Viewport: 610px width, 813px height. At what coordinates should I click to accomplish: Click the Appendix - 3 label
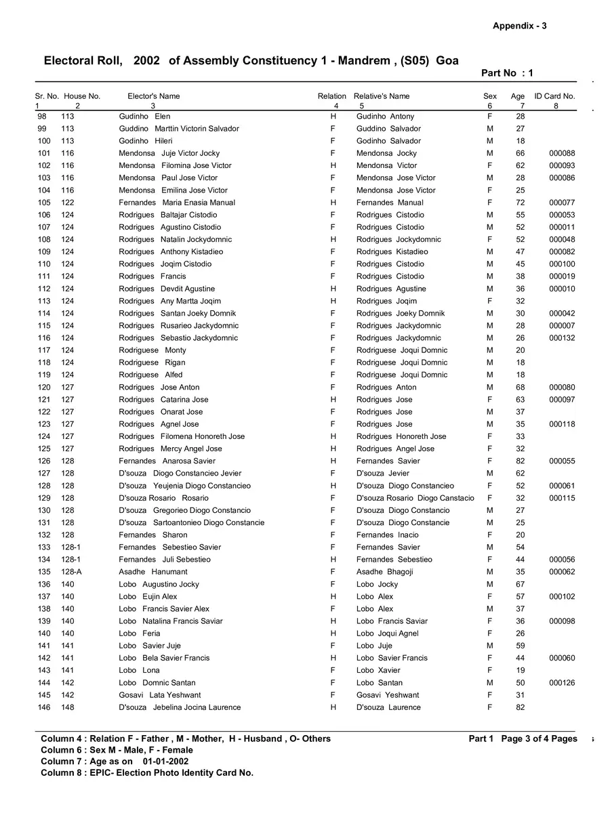(x=519, y=26)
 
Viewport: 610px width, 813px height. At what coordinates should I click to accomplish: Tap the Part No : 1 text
(x=507, y=73)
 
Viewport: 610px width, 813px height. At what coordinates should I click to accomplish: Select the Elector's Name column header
(x=154, y=96)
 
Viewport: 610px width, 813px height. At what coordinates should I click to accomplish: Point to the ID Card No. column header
(x=554, y=96)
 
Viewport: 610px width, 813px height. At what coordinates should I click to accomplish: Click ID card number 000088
(x=562, y=153)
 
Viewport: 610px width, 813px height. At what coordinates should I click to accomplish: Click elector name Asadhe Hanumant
(x=153, y=572)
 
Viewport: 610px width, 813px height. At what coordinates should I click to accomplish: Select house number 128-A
(x=71, y=572)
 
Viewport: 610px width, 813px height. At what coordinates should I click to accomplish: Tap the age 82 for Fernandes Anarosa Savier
(x=520, y=461)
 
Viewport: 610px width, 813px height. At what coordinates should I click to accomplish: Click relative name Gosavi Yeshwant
(x=388, y=695)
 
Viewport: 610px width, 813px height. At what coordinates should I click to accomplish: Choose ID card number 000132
(x=562, y=338)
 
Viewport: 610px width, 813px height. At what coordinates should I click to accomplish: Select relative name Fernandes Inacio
(x=388, y=535)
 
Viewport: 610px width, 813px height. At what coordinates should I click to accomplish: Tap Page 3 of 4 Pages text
(x=539, y=739)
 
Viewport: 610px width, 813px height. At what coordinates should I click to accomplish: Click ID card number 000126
(x=562, y=683)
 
